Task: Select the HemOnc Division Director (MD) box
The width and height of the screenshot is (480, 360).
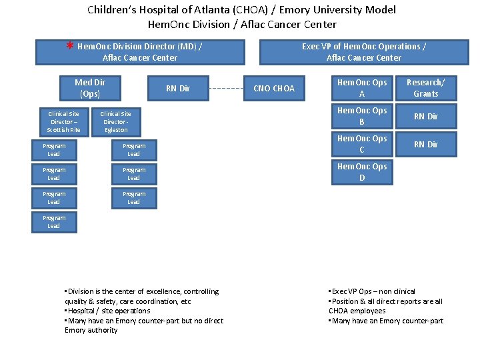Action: pos(140,52)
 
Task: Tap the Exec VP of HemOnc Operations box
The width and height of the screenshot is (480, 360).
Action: pos(363,52)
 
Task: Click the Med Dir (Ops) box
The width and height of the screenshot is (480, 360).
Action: pos(90,88)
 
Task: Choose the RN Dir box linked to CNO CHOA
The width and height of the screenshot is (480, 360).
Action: pos(178,89)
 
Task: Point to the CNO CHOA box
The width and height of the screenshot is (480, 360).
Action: pos(274,89)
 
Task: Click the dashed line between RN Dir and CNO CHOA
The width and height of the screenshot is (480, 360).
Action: pos(227,89)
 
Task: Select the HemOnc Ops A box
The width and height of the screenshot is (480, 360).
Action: pos(362,88)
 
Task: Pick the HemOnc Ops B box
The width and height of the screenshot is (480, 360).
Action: pos(362,116)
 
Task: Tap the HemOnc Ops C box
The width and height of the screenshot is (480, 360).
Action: pos(362,144)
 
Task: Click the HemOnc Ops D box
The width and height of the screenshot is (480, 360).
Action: pos(362,172)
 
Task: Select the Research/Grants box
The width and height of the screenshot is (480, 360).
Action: pos(425,88)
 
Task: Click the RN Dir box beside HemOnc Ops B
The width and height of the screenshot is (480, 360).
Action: pos(425,116)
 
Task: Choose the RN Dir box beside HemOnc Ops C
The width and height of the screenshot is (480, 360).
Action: pos(425,144)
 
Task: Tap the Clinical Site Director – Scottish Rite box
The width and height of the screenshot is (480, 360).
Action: pos(64,121)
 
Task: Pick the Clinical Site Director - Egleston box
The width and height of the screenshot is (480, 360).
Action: pos(116,121)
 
